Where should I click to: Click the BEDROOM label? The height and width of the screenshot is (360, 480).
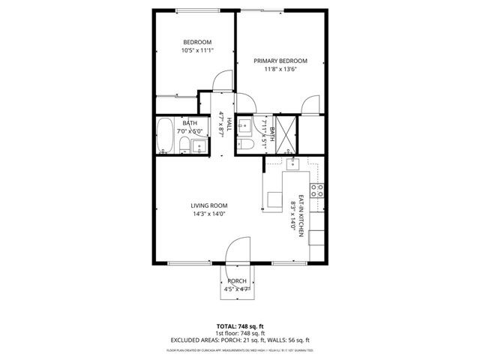pyautogui.click(x=197, y=42)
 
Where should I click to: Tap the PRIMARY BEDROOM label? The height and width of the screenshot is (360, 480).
pyautogui.click(x=280, y=61)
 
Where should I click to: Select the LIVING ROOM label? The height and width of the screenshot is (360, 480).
pyautogui.click(x=208, y=205)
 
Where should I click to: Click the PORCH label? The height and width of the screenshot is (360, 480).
pyautogui.click(x=237, y=281)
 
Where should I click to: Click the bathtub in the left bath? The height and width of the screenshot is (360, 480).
pyautogui.click(x=165, y=136)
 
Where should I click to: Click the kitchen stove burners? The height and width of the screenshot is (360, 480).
pyautogui.click(x=317, y=190)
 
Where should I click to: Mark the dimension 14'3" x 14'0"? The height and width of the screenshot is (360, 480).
pyautogui.click(x=208, y=214)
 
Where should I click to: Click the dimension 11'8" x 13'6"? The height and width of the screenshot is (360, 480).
pyautogui.click(x=280, y=70)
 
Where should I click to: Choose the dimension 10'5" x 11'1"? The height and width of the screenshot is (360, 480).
pyautogui.click(x=197, y=51)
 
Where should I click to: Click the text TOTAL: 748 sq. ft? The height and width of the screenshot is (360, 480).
pyautogui.click(x=239, y=326)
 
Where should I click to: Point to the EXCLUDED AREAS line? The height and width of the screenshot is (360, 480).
pyautogui.click(x=239, y=340)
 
